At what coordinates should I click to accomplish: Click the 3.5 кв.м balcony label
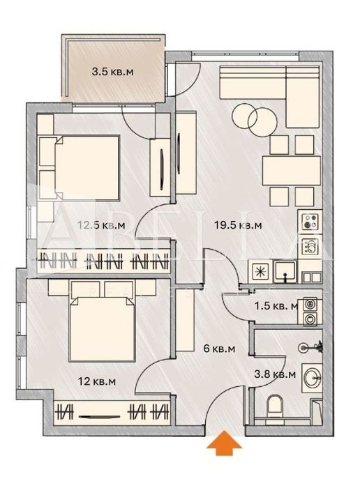(x=115, y=70)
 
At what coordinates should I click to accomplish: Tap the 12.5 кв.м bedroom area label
(x=101, y=224)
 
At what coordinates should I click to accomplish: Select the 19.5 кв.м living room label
(x=240, y=224)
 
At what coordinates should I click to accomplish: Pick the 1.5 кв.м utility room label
(x=276, y=305)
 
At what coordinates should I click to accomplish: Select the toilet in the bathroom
(x=275, y=406)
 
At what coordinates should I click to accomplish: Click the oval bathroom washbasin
(x=311, y=377)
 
